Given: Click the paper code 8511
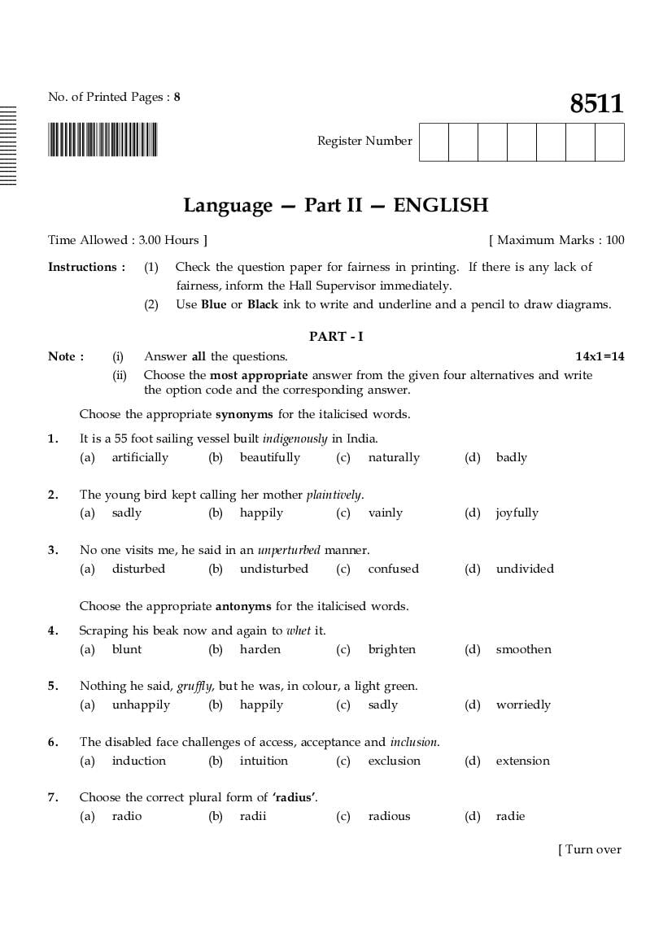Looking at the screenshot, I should click(596, 104).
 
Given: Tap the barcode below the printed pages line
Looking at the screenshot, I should click(103, 139).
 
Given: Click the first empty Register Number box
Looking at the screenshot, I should click(434, 142).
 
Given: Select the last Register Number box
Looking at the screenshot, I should click(609, 142).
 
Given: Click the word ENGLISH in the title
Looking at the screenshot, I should click(440, 205).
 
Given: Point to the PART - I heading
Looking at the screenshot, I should click(336, 336).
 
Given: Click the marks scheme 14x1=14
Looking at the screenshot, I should click(600, 356).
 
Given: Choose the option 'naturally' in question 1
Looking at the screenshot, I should click(394, 457).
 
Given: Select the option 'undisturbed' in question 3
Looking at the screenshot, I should click(273, 569).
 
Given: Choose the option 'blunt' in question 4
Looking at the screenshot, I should click(127, 649).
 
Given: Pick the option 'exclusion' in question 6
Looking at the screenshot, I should click(394, 761).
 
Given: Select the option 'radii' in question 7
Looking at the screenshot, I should click(253, 816).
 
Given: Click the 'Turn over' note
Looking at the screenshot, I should click(590, 849).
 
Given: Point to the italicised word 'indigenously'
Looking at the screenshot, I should click(295, 438).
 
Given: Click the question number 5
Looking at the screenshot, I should click(53, 686).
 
